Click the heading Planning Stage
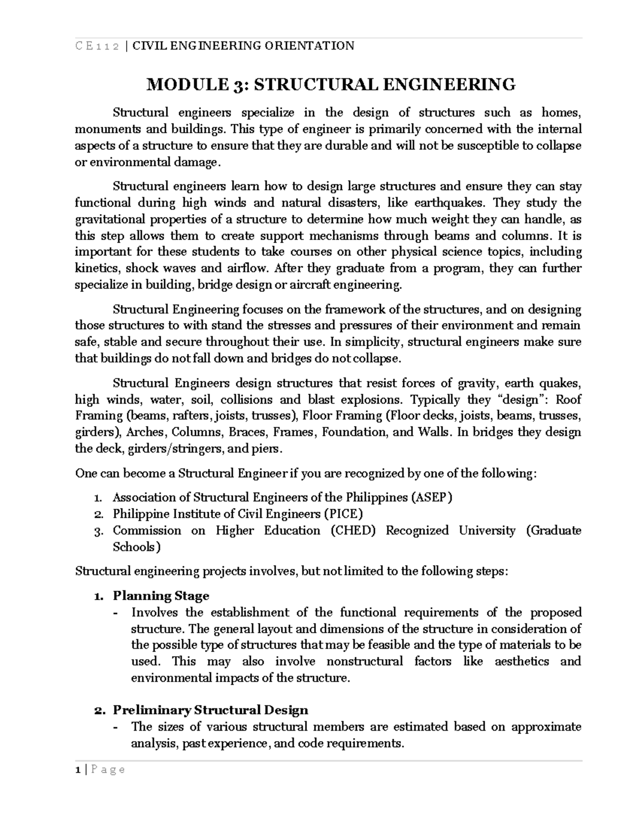coord(161,596)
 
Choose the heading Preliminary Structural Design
coord(210,710)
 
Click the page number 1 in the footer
coord(78,769)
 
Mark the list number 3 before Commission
coord(97,531)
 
